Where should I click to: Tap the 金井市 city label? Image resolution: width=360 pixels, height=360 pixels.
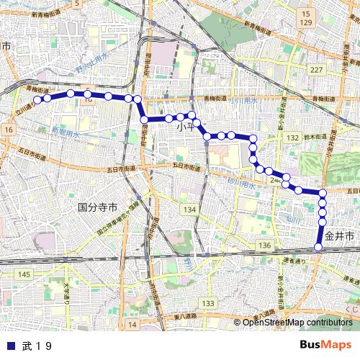(x=340, y=235)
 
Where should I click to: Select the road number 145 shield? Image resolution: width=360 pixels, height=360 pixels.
(x=24, y=274)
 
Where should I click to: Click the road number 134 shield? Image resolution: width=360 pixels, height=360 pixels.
(x=189, y=209)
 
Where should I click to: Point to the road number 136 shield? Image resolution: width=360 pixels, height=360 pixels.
(x=265, y=246)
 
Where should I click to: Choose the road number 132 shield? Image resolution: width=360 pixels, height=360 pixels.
(x=292, y=137)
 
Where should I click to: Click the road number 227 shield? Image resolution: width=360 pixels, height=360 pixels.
(x=316, y=69)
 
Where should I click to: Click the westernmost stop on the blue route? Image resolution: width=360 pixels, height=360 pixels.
(x=38, y=99)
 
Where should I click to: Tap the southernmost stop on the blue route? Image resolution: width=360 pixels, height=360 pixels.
(x=318, y=248)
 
